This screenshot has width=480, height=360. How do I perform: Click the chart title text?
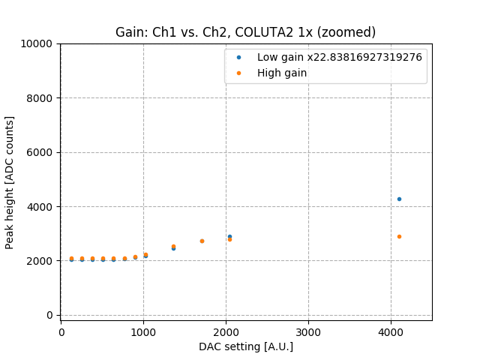click(x=245, y=32)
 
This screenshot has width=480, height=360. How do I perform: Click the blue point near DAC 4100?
click(x=399, y=199)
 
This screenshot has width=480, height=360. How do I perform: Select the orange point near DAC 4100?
click(x=399, y=236)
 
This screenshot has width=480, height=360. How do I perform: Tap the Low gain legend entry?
click(x=339, y=57)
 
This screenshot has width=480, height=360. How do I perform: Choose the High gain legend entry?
click(x=282, y=73)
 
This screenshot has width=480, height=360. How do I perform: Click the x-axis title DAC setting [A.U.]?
click(x=245, y=346)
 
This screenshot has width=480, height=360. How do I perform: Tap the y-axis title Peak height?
click(x=10, y=182)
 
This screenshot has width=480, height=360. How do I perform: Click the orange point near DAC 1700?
click(x=202, y=241)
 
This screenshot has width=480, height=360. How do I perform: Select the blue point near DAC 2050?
click(x=229, y=236)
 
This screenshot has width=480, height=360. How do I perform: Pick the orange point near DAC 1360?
click(x=173, y=246)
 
